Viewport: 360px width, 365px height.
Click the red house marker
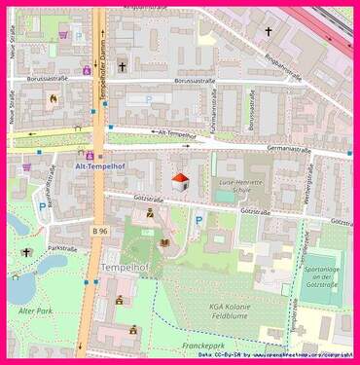[x=180, y=180]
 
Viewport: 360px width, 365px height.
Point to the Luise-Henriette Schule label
[x=249, y=188]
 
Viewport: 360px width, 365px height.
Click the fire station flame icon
[x=54, y=98]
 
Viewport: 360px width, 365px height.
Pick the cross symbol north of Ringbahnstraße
[x=269, y=31]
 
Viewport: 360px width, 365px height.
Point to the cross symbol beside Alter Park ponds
[x=27, y=253]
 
